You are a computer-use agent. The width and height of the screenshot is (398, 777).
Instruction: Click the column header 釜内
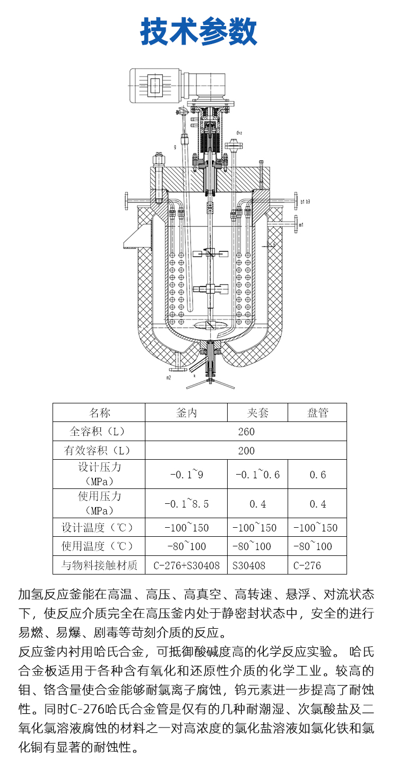point(186,413)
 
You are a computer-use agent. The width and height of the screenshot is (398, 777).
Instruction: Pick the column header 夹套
point(257,413)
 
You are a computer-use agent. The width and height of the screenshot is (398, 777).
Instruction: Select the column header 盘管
point(317,413)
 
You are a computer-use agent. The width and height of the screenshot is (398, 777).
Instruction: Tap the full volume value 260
point(246,432)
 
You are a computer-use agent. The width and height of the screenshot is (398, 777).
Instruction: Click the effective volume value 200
point(246,451)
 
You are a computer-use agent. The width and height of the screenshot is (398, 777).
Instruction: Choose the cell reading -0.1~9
point(186,475)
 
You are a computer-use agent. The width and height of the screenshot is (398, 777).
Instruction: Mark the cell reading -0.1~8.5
point(186,504)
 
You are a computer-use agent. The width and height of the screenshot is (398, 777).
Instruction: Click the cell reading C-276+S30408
point(186,565)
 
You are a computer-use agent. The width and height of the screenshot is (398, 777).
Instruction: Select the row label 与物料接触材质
point(99,565)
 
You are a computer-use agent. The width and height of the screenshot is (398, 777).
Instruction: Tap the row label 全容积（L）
point(99,432)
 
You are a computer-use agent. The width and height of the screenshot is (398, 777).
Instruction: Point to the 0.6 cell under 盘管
point(317,475)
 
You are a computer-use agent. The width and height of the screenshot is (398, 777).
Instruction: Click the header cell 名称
point(99,413)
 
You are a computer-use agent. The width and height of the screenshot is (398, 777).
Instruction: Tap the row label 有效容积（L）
point(99,451)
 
